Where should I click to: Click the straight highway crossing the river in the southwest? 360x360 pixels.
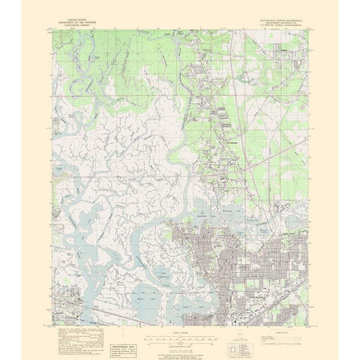pyautogui.click(x=112, y=309)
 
